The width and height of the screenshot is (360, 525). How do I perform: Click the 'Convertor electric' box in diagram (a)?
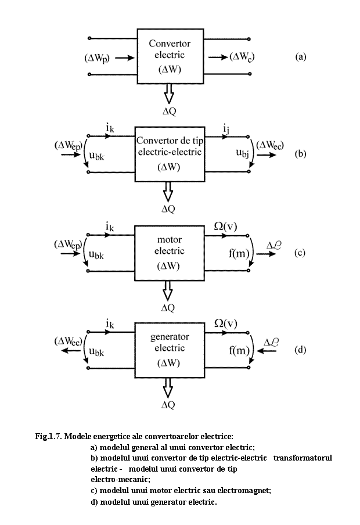click(169, 56)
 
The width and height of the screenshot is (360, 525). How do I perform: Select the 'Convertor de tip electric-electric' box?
click(168, 154)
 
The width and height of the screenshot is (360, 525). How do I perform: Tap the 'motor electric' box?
click(169, 253)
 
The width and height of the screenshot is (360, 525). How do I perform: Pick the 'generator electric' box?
click(169, 350)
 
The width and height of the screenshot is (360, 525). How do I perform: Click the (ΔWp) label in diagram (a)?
click(97, 57)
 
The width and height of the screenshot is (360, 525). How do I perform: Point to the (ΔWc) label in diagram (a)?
click(243, 56)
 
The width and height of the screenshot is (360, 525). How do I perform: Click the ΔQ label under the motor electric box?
click(168, 308)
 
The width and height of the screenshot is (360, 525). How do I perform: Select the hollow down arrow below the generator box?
click(168, 389)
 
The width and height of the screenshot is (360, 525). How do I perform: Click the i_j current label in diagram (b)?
click(225, 127)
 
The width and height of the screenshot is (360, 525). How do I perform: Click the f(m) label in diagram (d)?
click(239, 351)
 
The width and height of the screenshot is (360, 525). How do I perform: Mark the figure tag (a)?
click(300, 57)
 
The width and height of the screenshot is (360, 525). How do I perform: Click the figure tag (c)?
click(300, 253)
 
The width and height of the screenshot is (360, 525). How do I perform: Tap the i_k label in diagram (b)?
click(110, 127)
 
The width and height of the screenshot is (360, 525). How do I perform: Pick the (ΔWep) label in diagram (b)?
click(68, 145)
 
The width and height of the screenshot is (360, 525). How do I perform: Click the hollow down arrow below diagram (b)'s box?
click(168, 191)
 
